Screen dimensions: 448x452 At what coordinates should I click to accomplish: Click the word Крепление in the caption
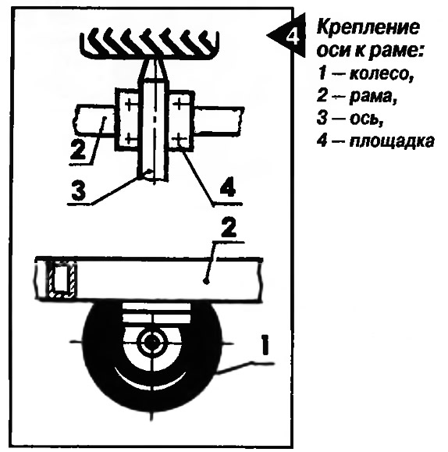pos(368,29)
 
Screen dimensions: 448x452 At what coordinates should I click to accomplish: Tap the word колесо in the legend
pos(382,74)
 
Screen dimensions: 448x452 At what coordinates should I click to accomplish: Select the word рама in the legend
pos(373,97)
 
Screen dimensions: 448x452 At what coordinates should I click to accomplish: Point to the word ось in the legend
pos(366,119)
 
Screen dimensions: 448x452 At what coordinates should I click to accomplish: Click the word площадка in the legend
pos(392,141)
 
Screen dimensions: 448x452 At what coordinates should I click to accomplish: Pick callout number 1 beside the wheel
pos(265,344)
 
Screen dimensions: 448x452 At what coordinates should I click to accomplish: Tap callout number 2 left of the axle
pos(78,149)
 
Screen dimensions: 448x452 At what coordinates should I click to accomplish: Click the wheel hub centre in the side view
pos(151,341)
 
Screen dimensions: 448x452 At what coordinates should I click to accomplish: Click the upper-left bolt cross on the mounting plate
pos(128,104)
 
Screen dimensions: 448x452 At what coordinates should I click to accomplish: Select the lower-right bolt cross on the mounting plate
pos(180,139)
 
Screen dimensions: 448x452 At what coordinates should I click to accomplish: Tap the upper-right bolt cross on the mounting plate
pos(180,105)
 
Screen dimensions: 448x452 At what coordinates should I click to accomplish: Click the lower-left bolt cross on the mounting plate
pos(129,140)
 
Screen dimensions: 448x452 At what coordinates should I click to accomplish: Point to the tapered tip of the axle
pos(153,69)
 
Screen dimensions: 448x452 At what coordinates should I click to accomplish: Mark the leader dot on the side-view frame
pos(205,281)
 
